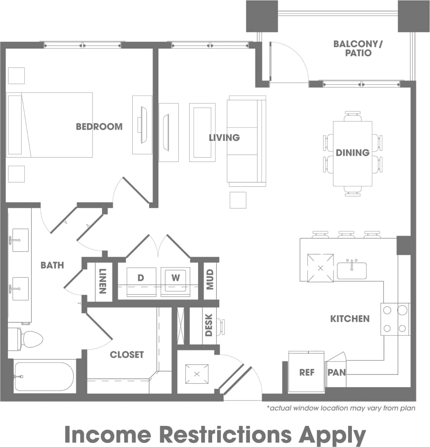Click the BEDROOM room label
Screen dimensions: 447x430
[x=99, y=127]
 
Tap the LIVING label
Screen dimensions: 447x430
[x=224, y=137]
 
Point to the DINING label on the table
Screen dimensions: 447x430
[x=352, y=153]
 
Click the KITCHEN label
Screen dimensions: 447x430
[x=350, y=318]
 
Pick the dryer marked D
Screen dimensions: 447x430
[x=141, y=278]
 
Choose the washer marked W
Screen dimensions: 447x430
[x=176, y=278]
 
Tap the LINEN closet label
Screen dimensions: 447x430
[x=103, y=281]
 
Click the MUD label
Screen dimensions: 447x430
[x=209, y=279]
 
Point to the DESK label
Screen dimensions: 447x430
[x=209, y=325]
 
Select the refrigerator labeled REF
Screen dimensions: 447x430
[x=307, y=372]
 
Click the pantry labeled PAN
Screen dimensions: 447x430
[x=336, y=372]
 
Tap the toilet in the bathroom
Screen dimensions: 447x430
[x=31, y=339]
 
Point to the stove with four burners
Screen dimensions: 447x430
[x=395, y=319]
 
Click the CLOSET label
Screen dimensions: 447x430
[x=127, y=354]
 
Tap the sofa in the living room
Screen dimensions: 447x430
[x=246, y=141]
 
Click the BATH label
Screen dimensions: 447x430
[x=52, y=265]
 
